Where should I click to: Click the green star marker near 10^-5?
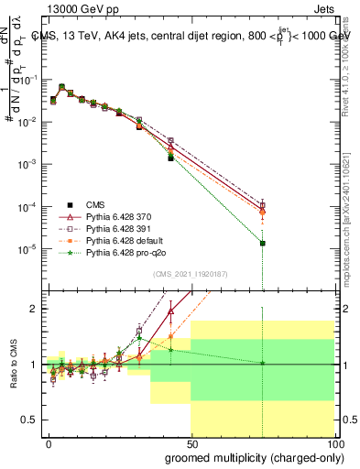tap(263, 243)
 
